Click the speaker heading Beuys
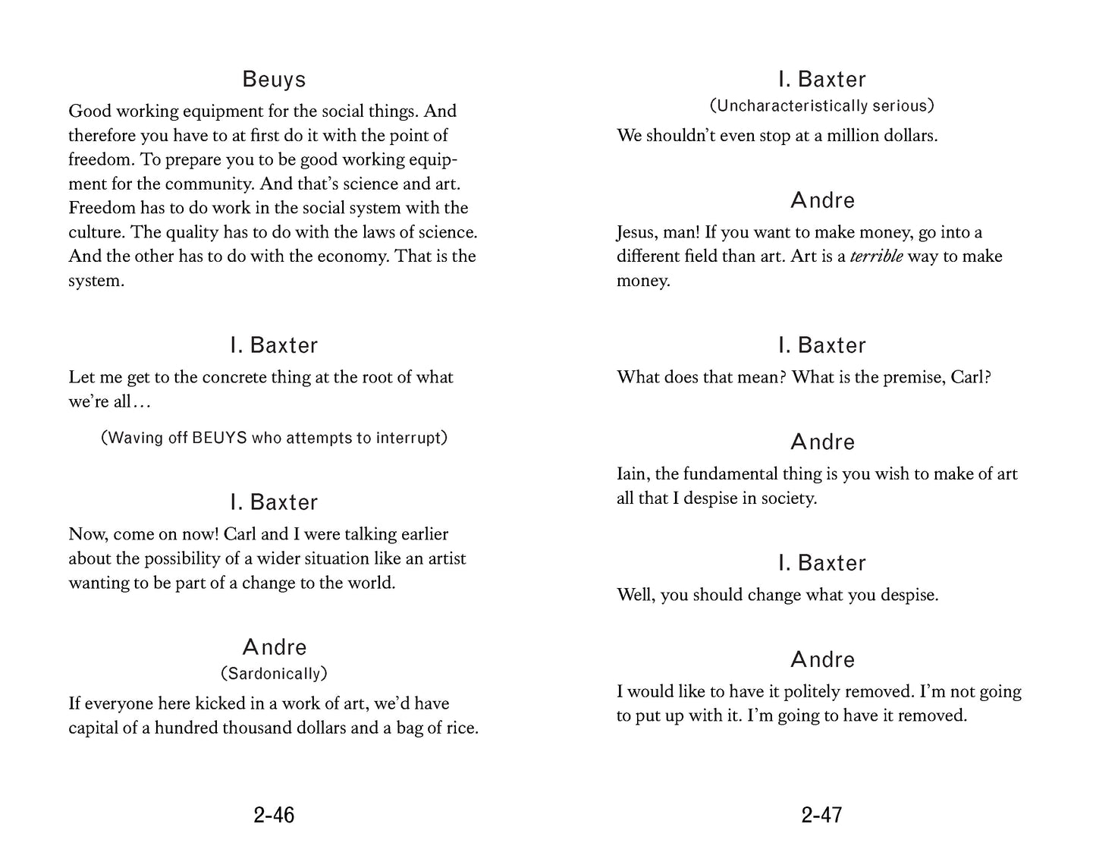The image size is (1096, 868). tap(274, 80)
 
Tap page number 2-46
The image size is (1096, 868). tap(274, 815)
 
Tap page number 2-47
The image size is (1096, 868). tap(821, 815)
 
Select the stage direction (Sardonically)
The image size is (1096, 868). tap(274, 674)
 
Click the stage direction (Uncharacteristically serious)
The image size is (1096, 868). tap(821, 106)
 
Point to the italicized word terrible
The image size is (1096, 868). tap(876, 256)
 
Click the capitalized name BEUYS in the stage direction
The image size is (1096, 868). tap(220, 438)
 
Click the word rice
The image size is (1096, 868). tap(460, 728)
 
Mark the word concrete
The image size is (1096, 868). tap(234, 377)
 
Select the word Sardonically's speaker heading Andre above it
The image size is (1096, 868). tap(274, 647)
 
